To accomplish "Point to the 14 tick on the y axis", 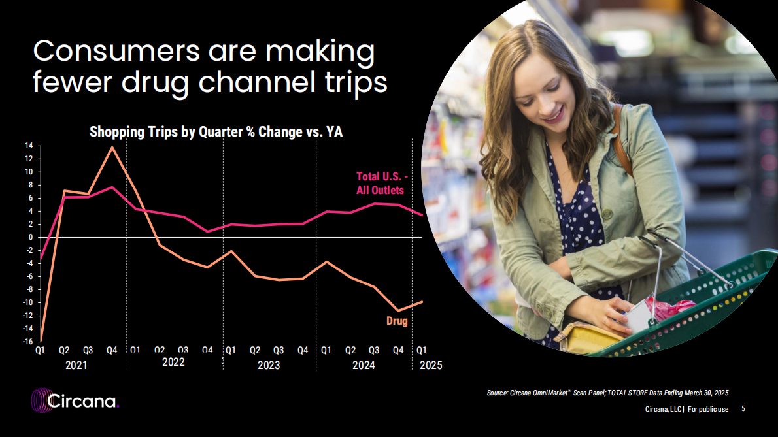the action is (29, 146).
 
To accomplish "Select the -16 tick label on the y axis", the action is (27, 342).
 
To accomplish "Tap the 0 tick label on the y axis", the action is (31, 237).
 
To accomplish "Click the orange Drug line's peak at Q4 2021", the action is (112, 147).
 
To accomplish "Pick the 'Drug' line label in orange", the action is (397, 321).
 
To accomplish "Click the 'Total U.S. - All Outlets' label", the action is (382, 184).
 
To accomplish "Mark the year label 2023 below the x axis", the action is (269, 365).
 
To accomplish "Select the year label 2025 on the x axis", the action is (431, 365).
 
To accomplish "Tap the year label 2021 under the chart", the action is (76, 365).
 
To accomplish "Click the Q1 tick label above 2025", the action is (421, 350).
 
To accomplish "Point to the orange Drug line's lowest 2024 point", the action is (398, 311).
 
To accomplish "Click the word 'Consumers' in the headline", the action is (116, 50).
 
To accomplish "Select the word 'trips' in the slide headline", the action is (356, 82).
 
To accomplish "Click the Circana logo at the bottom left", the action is (75, 400).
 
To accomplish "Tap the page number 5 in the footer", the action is (743, 409).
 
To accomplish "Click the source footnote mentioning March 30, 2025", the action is (607, 393).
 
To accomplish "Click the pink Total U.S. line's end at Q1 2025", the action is (422, 215).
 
